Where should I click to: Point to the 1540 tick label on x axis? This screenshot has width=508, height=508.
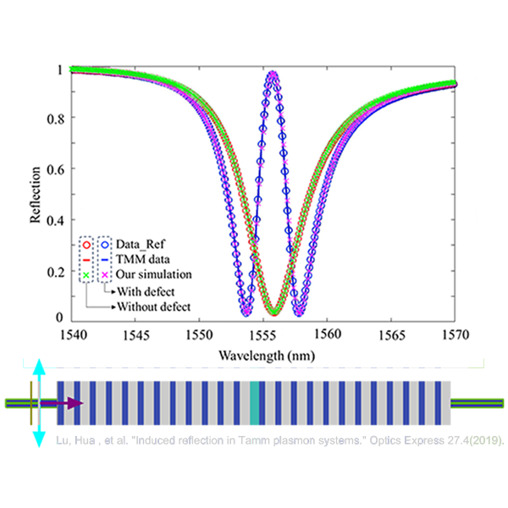[x=74, y=335]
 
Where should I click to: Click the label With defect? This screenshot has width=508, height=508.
[x=146, y=291]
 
